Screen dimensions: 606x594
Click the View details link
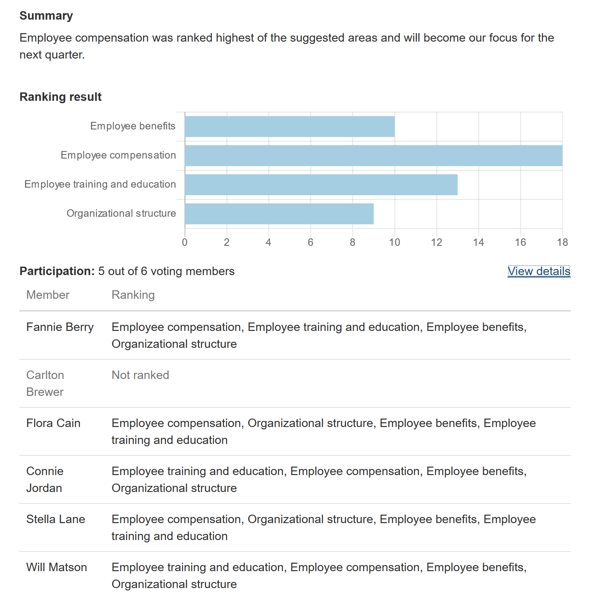pos(539,271)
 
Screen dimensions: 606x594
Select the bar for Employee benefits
pos(290,127)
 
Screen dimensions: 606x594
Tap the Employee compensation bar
pos(373,156)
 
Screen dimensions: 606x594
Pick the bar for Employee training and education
pos(321,185)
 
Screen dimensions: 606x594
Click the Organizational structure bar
pos(279,214)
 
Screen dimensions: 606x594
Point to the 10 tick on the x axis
pos(394,242)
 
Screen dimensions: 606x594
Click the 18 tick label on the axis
pos(562,242)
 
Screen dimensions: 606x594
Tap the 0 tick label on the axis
pos(184,242)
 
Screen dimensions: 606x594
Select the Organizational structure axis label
pos(121,214)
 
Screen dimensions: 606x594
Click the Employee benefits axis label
pos(132,126)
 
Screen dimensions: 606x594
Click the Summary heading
pos(46,16)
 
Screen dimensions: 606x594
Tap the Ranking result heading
pos(60,97)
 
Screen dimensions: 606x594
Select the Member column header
pos(48,295)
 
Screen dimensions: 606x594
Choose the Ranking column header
pos(133,295)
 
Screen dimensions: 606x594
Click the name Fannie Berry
pos(60,327)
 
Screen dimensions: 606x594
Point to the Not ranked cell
pos(140,375)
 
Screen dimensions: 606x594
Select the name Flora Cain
pos(53,423)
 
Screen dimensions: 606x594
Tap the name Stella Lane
pos(55,519)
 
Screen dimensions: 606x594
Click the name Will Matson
pos(56,567)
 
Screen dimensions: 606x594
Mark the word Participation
pos(57,271)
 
